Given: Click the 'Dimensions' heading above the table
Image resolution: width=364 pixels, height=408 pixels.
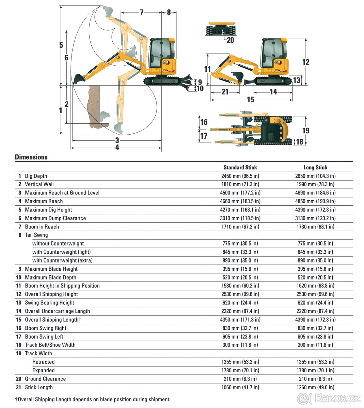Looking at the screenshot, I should (x=31, y=157).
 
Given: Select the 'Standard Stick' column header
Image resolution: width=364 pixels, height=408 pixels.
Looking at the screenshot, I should (x=240, y=167).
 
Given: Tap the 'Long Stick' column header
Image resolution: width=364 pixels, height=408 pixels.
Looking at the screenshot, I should (x=315, y=167).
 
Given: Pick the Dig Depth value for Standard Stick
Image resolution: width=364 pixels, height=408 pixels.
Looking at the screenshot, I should (x=240, y=176).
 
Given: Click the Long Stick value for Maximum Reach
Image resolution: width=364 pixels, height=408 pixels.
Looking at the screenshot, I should (x=315, y=201).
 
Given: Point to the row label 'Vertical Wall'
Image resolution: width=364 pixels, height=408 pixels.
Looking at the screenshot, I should (x=39, y=184).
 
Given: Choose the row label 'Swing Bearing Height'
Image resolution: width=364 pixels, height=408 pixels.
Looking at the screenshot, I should (x=49, y=303).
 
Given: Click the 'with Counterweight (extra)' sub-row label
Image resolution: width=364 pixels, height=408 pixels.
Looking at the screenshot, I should (x=62, y=260).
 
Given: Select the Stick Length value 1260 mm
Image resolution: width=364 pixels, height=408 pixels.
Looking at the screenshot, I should (x=315, y=387).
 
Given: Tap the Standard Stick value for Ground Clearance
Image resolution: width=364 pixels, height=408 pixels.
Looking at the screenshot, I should (x=240, y=379).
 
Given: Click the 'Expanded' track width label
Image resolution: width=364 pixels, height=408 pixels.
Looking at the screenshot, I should (x=43, y=370).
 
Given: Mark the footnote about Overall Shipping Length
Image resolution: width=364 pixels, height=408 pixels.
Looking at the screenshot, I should (x=93, y=400).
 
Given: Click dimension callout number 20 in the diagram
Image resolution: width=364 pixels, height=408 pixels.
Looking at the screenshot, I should (x=230, y=40).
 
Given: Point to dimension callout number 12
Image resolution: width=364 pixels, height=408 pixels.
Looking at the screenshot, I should (x=305, y=62).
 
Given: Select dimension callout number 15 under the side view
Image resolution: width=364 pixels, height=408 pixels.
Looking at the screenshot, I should (x=250, y=100).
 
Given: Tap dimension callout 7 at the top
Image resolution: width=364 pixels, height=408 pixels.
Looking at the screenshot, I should (x=142, y=13).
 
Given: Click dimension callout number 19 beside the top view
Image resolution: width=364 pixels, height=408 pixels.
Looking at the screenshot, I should (x=305, y=131).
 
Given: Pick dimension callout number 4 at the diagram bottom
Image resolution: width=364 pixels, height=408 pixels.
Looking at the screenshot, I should (x=117, y=148).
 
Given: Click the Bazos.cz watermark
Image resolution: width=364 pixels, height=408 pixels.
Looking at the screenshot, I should (x=329, y=397).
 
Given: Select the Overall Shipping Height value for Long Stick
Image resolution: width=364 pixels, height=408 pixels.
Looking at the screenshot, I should (x=315, y=294).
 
